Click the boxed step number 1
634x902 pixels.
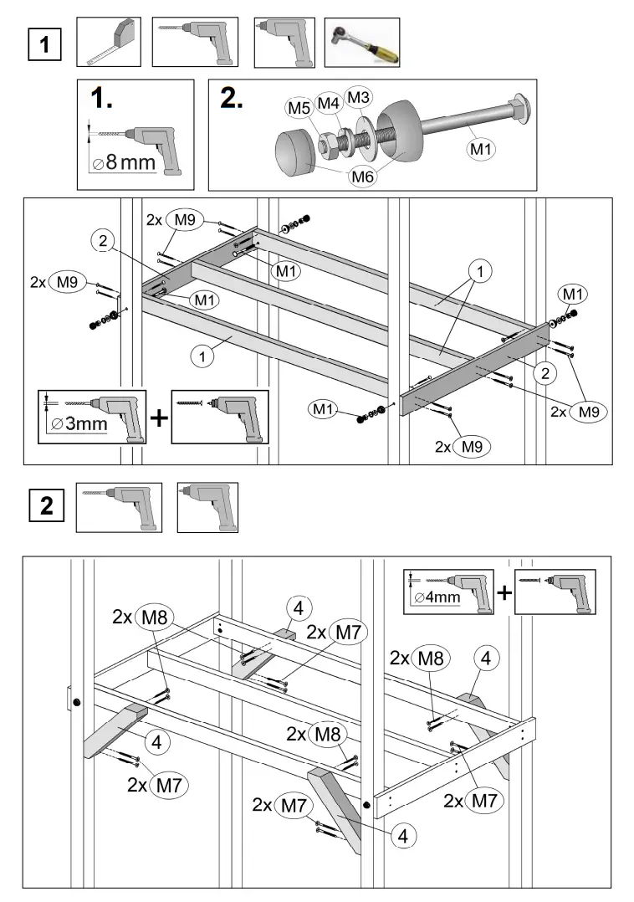click(x=44, y=44)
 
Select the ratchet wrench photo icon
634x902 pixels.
click(x=361, y=43)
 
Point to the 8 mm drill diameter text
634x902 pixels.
click(x=125, y=161)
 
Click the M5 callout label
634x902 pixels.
click(x=299, y=107)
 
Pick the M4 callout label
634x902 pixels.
click(x=329, y=103)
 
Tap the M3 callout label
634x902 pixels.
click(x=358, y=98)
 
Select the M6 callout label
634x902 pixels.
click(x=362, y=176)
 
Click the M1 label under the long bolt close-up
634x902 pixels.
click(x=480, y=148)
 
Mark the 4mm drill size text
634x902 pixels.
click(x=437, y=597)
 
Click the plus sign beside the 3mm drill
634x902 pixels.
click(x=157, y=418)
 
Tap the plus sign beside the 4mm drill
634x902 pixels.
click(x=504, y=593)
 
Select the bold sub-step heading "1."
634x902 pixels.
click(x=102, y=99)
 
